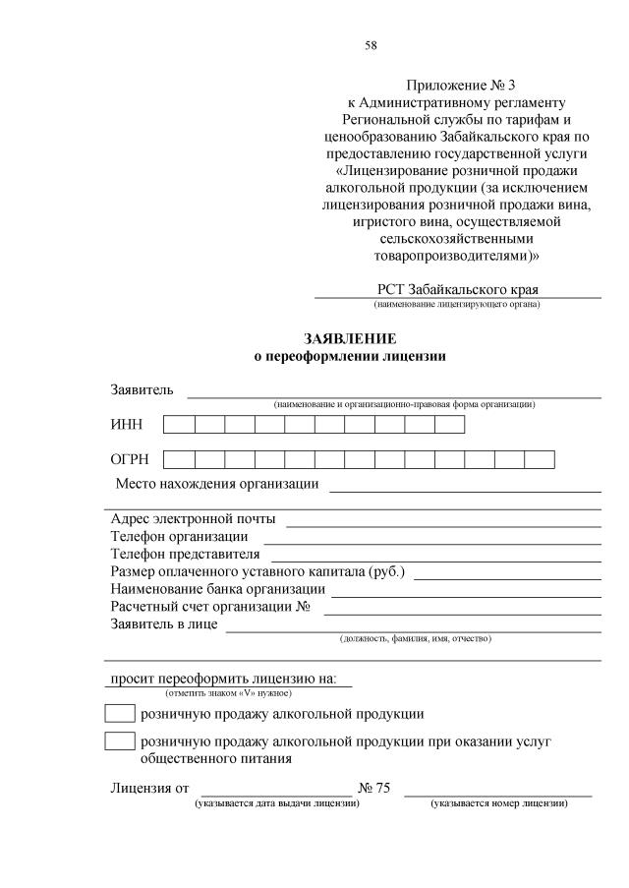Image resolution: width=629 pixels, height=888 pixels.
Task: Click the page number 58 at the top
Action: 371,45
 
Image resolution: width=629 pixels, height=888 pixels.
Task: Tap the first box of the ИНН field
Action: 179,425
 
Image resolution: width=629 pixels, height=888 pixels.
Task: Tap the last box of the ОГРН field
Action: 540,459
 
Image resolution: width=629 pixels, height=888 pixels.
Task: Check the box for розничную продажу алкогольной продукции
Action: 119,714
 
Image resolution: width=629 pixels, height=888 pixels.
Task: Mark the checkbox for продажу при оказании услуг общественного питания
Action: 119,741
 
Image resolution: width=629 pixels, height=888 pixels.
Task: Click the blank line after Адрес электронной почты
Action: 442,523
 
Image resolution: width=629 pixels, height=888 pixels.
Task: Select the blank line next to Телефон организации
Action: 431,541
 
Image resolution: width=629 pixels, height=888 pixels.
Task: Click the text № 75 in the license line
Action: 375,789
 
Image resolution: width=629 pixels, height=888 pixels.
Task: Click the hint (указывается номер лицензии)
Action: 498,803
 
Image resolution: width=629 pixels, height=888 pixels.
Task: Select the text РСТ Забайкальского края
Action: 458,290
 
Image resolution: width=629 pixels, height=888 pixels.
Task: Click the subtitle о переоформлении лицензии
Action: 349,357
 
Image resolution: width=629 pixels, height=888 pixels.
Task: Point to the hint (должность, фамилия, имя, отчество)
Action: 415,638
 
